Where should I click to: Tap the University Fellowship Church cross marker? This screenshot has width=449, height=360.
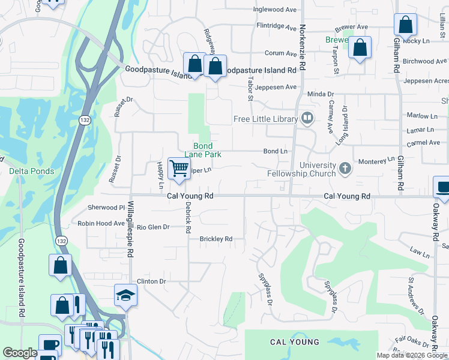point(345,167)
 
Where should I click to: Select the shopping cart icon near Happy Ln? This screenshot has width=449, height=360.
point(179,169)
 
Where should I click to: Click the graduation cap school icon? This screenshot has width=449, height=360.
point(125,295)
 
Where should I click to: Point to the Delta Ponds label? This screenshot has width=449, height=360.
point(31,171)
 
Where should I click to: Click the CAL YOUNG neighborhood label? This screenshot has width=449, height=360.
point(295,342)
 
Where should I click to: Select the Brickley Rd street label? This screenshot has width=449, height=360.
point(215,239)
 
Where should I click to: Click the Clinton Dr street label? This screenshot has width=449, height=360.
point(151,281)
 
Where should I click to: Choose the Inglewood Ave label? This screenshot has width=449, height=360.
point(275,10)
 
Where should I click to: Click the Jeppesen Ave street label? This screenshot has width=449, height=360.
point(276,87)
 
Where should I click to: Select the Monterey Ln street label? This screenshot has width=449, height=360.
point(376,161)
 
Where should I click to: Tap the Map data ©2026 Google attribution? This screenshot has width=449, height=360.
point(411,355)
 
